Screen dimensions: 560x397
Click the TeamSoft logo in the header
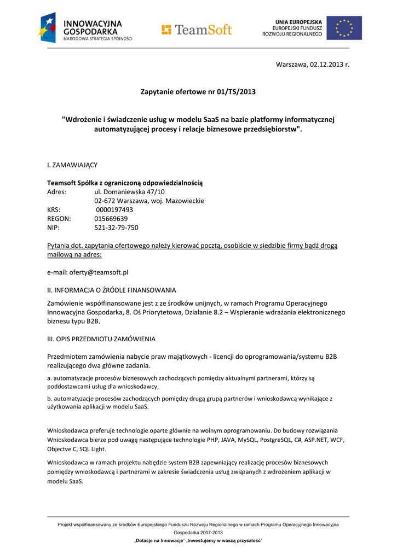pyautogui.click(x=197, y=30)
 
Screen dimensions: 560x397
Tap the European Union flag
pyautogui.click(x=344, y=28)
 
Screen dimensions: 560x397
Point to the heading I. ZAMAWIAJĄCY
pyautogui.click(x=73, y=165)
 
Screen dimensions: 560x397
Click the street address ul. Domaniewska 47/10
pyautogui.click(x=129, y=192)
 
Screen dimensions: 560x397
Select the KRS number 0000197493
pyautogui.click(x=114, y=209)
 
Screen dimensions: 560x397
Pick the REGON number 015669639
pyautogui.click(x=111, y=218)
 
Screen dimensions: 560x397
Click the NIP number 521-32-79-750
pyautogui.click(x=116, y=227)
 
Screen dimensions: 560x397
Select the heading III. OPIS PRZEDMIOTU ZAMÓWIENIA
pyautogui.click(x=101, y=339)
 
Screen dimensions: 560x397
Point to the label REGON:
pyautogui.click(x=59, y=218)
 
